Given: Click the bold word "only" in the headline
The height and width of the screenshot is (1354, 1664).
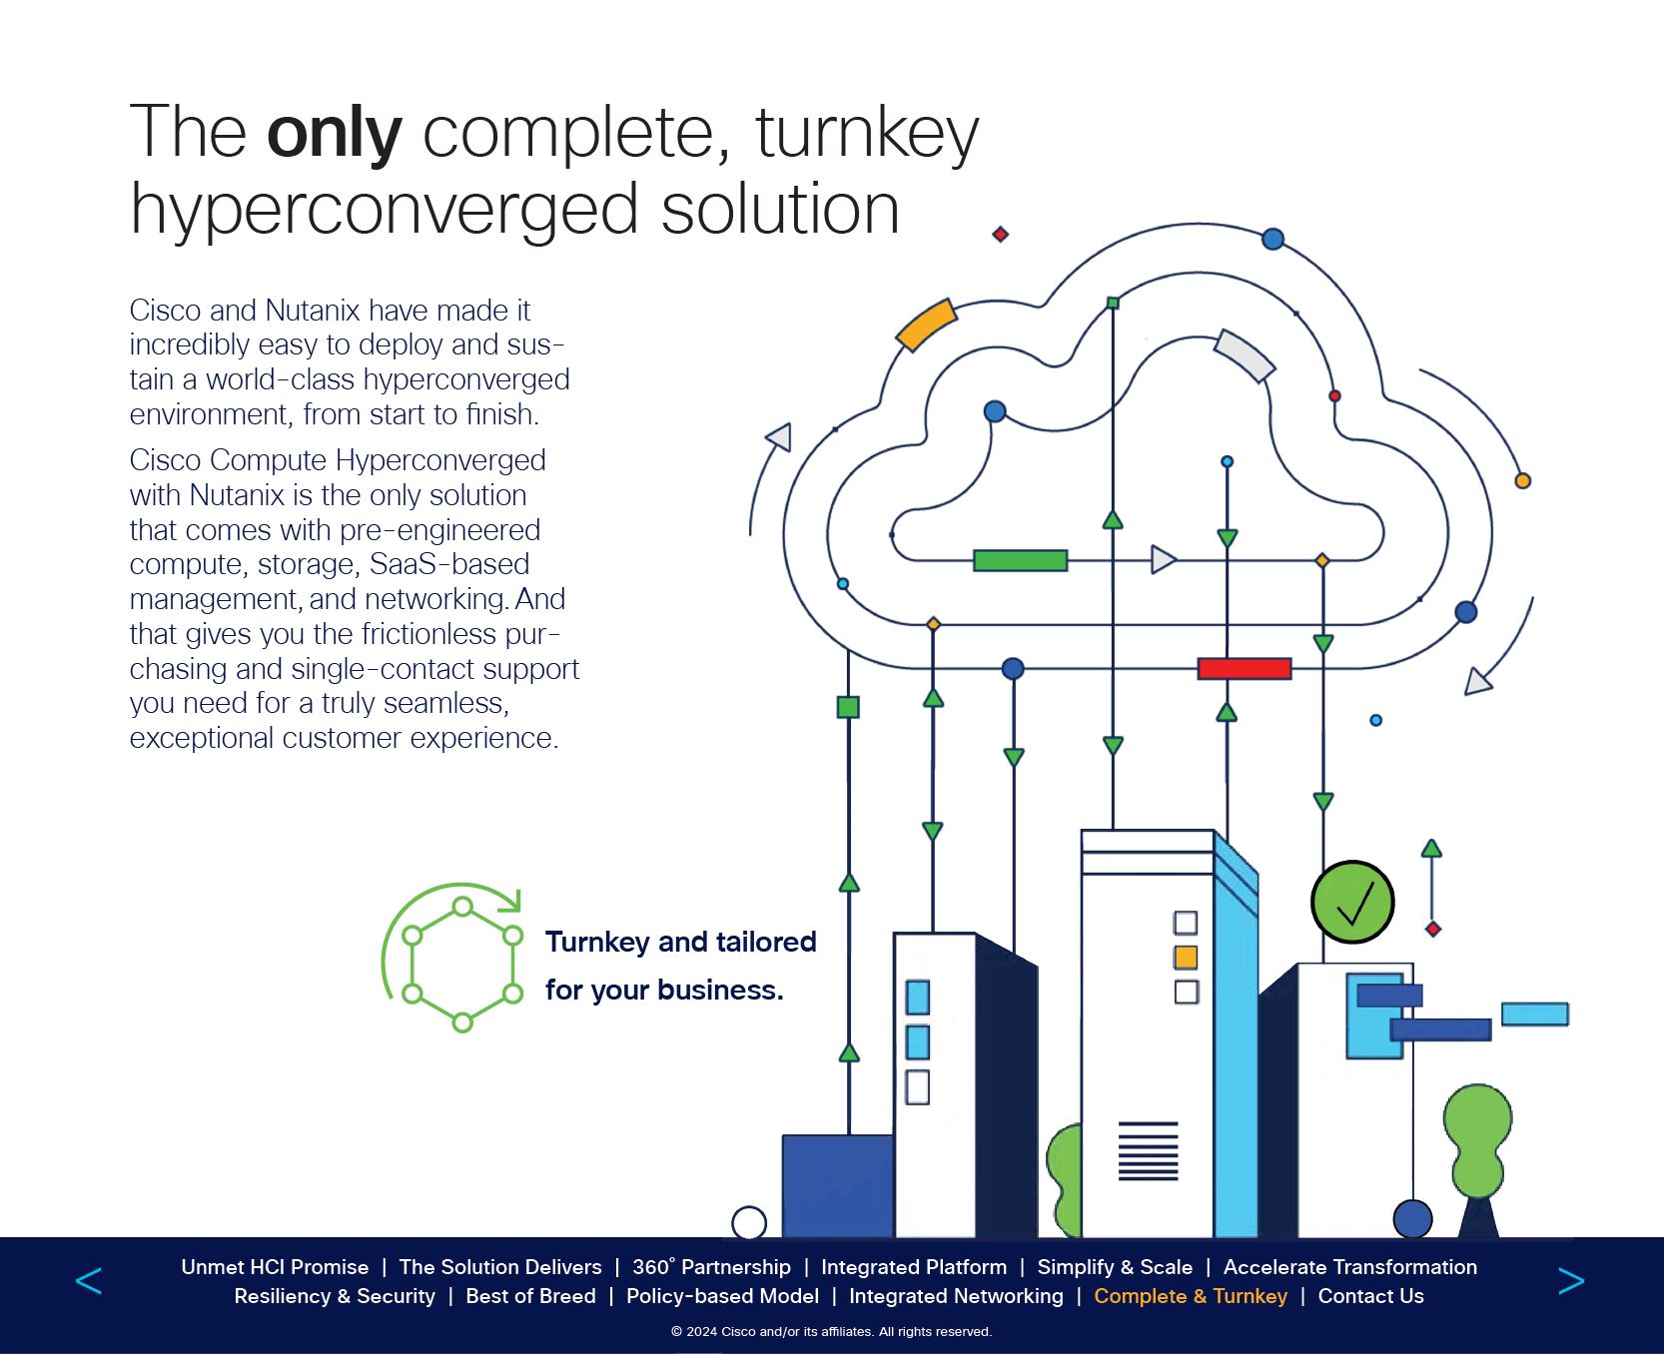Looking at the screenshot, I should pos(334,133).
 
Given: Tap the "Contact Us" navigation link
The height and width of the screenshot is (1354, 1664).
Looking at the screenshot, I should pos(1370,1296).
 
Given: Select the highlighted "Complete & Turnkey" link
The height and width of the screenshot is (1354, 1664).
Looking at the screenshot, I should pos(1191,1296).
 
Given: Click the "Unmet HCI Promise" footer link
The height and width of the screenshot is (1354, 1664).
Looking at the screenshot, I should pos(275,1267).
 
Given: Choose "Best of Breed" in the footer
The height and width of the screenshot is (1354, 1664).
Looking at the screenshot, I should pos(530,1296).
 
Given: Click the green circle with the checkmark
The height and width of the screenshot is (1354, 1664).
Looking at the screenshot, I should pos(1352,902).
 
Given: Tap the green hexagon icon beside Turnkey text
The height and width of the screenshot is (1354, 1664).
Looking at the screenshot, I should pos(461,964).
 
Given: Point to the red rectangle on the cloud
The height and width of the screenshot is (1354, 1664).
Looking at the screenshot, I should pos(1244,668).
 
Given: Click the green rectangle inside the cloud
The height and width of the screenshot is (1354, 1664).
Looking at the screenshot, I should pos(1020,560).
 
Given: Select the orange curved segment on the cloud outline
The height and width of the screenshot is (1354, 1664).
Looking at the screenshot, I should pos(926,326).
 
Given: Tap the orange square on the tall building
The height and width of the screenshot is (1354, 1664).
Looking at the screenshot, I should pos(1186,957).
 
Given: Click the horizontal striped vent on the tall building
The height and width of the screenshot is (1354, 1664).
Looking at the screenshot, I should pos(1148,1150).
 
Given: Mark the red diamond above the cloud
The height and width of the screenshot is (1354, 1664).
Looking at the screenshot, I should pos(1000,235).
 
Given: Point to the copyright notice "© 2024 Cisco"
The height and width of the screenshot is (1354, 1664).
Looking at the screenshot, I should pos(831,1331).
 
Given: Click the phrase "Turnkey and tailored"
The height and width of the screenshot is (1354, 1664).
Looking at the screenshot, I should pos(680,942).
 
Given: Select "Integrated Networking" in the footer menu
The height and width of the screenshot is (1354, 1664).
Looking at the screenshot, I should pos(956,1296).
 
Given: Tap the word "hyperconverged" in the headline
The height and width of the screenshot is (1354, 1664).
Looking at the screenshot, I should pos(384,210).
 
